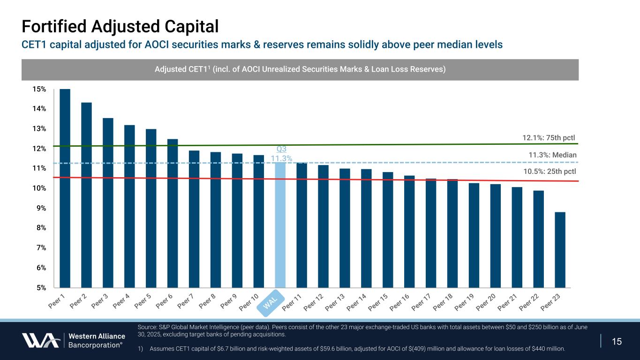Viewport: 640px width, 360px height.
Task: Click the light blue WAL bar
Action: [280, 225]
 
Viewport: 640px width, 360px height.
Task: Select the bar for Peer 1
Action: [65, 187]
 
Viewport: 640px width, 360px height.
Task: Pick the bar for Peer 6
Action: [173, 213]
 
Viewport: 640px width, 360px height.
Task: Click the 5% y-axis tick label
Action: [41, 287]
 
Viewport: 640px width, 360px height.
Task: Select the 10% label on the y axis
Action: [40, 188]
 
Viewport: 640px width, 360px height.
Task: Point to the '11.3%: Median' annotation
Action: [552, 155]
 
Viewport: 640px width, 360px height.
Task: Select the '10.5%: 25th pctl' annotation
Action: [550, 171]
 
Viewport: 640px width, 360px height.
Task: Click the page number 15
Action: [617, 341]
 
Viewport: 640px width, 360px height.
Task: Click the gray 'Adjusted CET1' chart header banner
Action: [300, 69]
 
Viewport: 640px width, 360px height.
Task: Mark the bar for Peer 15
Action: [388, 230]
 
